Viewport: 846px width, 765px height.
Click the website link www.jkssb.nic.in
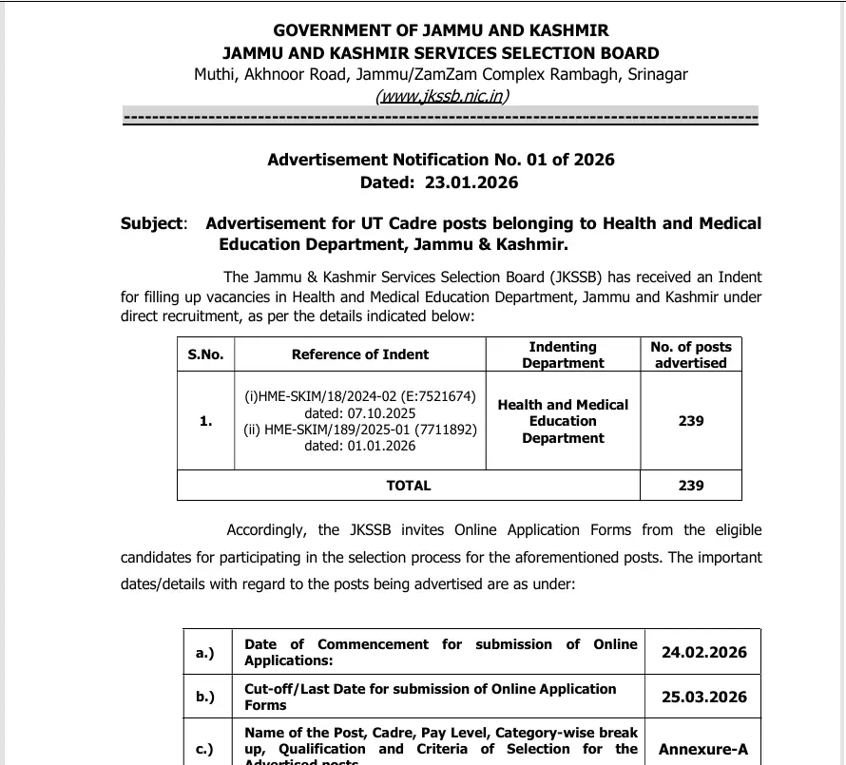[441, 95]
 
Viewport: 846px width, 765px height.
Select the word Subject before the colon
[151, 224]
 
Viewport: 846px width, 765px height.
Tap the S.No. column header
[205, 354]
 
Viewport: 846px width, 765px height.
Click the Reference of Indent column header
[360, 354]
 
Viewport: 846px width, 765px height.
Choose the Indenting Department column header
[563, 354]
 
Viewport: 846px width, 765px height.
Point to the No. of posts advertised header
[691, 354]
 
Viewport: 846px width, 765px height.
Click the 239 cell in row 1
[691, 421]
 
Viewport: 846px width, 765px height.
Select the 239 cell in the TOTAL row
[691, 486]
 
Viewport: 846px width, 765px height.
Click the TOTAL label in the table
[409, 486]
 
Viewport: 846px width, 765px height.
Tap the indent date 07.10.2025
[360, 413]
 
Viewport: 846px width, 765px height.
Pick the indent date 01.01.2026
[360, 446]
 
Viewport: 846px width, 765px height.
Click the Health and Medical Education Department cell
[563, 421]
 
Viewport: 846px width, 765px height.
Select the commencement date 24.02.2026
[703, 652]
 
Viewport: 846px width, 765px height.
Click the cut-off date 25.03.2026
[703, 697]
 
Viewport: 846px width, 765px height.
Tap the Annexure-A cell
[703, 749]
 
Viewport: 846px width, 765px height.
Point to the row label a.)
[205, 652]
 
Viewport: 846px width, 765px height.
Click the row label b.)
[205, 697]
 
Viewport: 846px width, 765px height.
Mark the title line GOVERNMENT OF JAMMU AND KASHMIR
[441, 31]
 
